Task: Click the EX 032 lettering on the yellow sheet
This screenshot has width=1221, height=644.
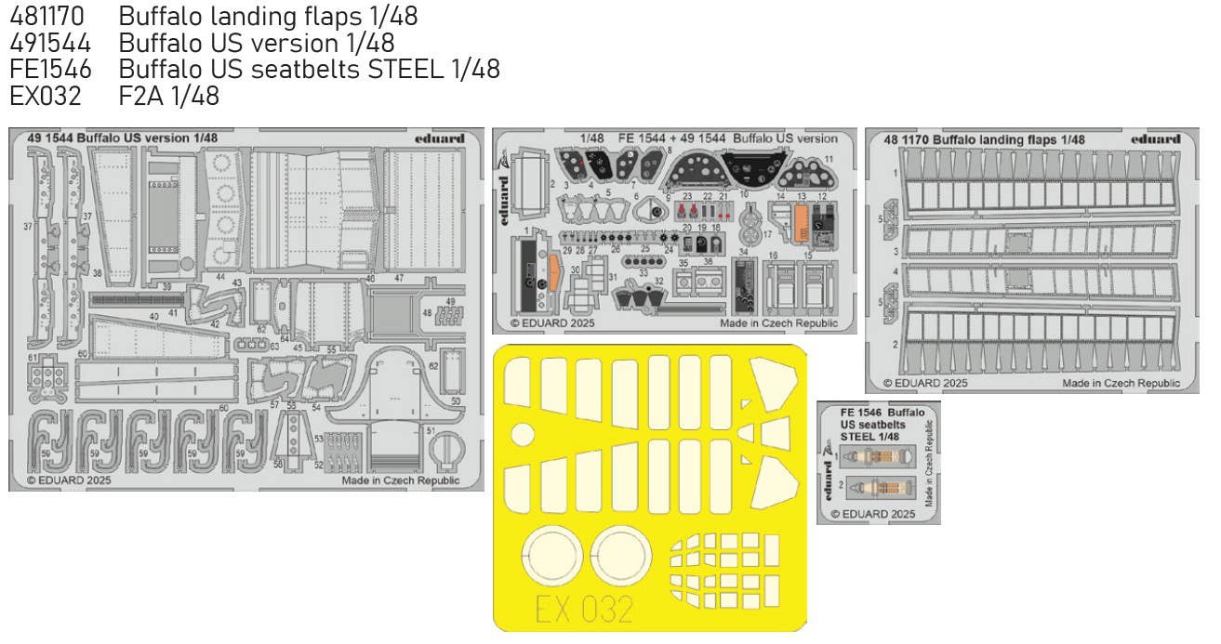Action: tap(585, 610)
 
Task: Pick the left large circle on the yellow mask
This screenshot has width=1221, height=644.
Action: tap(552, 559)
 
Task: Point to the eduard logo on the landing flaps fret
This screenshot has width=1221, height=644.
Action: tap(1156, 139)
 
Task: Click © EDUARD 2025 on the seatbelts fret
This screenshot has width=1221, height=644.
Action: tap(872, 513)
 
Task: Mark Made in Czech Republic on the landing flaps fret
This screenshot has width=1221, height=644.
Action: tap(1121, 382)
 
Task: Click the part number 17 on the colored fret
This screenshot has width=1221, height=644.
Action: tap(768, 235)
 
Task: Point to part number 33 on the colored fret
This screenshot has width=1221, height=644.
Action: tap(643, 273)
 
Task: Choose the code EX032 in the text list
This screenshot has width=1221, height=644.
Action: tap(46, 95)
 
